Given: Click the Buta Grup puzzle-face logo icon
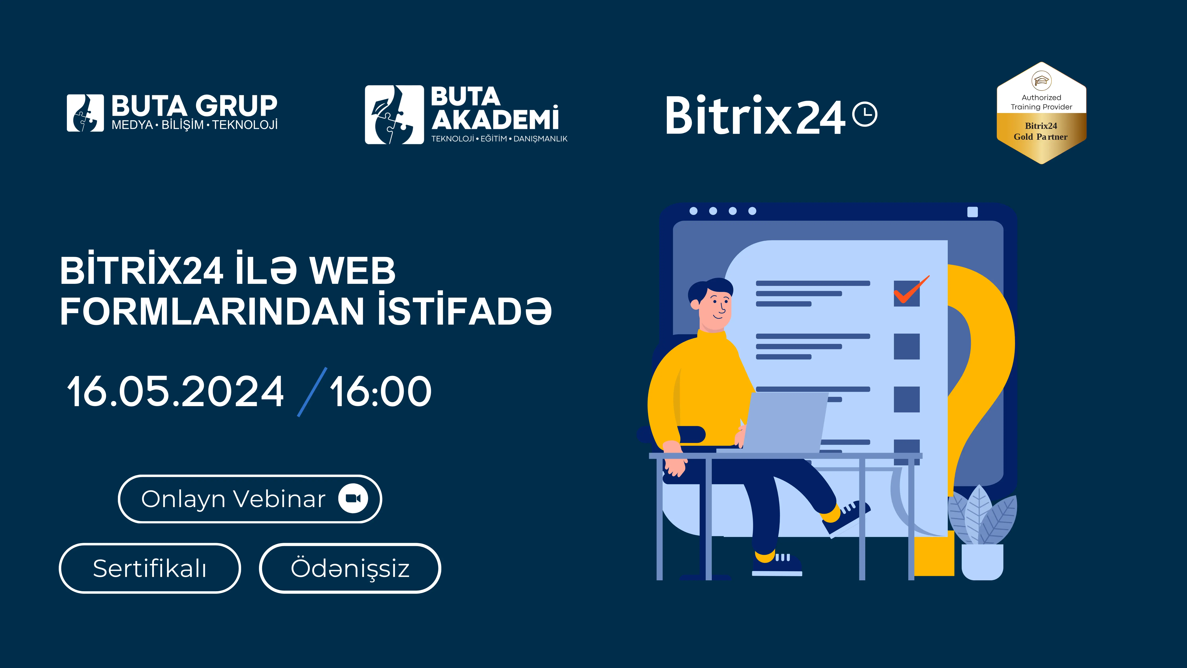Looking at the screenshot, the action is (85, 113).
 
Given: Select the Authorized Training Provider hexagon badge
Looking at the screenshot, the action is (1041, 113).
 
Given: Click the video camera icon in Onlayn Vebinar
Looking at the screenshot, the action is (353, 498).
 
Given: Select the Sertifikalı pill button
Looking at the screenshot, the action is (150, 568).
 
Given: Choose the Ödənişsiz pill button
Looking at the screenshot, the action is (350, 568).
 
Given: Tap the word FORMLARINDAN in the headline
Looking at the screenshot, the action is (213, 312).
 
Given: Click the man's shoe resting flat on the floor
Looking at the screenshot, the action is (777, 565).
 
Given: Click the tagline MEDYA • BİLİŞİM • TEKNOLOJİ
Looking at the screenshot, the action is (194, 125).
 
